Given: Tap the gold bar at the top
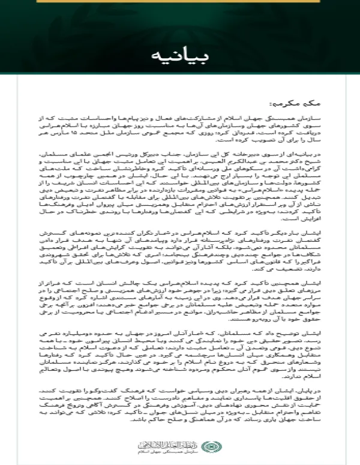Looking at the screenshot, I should pyautogui.click(x=179, y=2).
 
